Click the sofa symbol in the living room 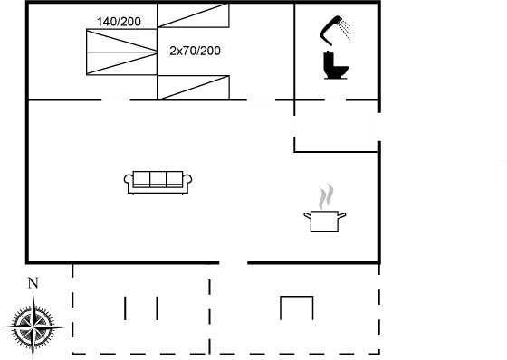pyautogui.click(x=158, y=181)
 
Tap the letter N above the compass pyautogui.click(x=33, y=283)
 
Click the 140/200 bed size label pyautogui.click(x=119, y=21)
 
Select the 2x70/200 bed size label pyautogui.click(x=195, y=51)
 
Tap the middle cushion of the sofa pyautogui.click(x=158, y=178)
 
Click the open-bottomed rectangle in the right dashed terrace pyautogui.click(x=295, y=308)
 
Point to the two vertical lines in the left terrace pyautogui.click(x=141, y=308)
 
